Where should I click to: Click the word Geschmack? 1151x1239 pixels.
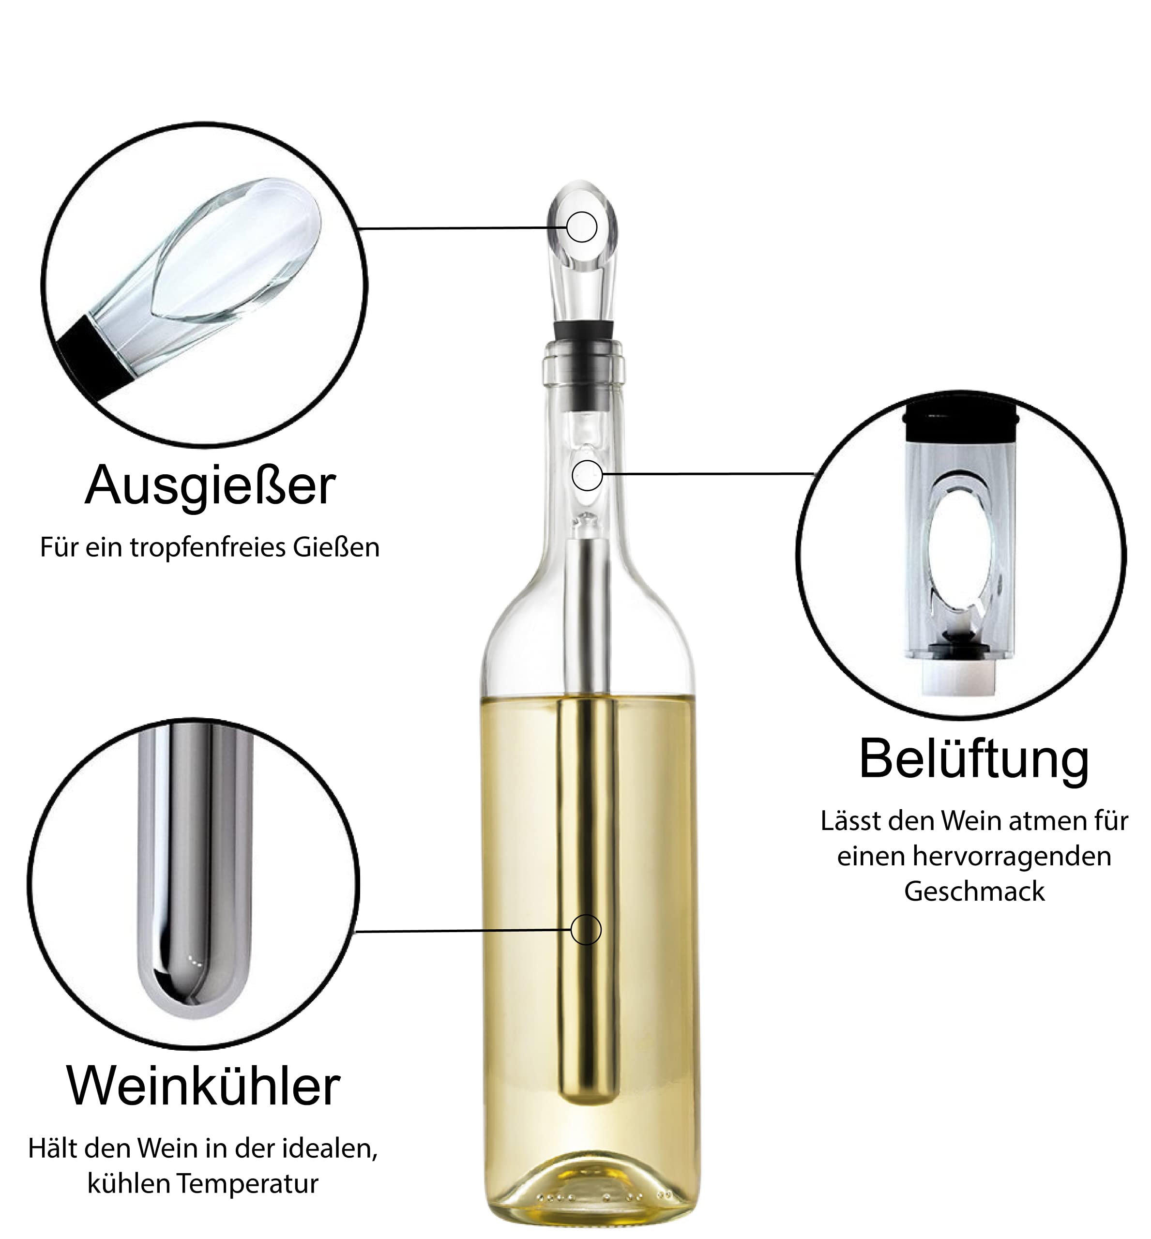click(x=974, y=891)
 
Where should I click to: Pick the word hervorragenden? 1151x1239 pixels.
click(x=1012, y=857)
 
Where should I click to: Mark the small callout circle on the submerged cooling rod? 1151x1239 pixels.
click(x=586, y=930)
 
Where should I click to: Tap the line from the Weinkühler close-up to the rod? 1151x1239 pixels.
click(x=462, y=931)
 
